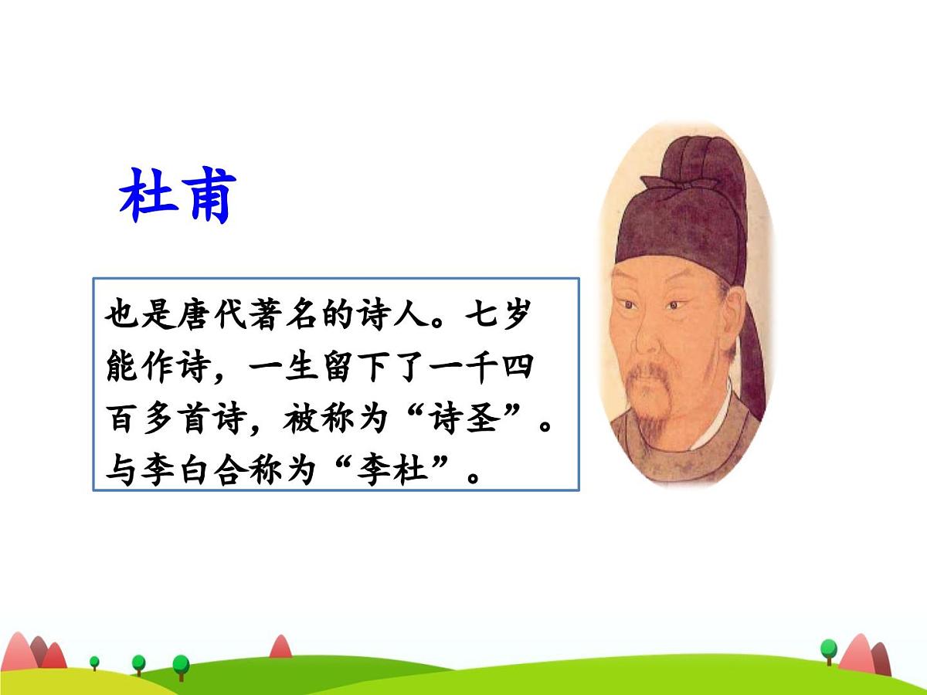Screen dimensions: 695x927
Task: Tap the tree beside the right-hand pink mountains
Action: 828,650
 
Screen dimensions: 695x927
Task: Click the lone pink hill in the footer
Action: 280,647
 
